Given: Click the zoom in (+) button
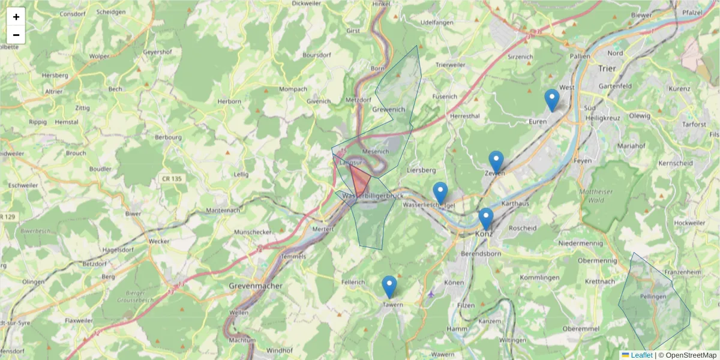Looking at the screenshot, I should point(16,17).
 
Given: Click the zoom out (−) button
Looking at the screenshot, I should point(16,35).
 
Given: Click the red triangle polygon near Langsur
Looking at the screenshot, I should point(359,182).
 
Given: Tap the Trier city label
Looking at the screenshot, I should point(607,68).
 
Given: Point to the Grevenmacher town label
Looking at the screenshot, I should point(256,286).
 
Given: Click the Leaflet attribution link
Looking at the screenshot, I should point(641,355).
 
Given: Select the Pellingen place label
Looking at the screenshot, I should point(653,297).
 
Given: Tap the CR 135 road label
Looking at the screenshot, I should point(172,179).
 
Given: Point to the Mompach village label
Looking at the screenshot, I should point(293,89).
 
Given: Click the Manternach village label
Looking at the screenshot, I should point(223,211).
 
